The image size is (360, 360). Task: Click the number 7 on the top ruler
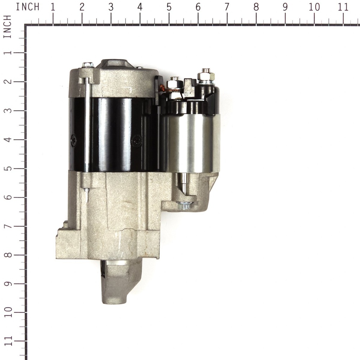(227, 7)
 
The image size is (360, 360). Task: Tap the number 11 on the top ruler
(343, 7)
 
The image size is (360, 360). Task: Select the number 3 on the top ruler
(111, 7)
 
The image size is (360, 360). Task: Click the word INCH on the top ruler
(27, 7)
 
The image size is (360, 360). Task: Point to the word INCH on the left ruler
(7, 27)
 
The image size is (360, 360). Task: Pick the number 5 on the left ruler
(8, 168)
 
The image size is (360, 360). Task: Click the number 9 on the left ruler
(8, 284)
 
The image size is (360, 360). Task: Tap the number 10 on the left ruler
(8, 312)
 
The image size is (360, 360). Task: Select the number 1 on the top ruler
(53, 7)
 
